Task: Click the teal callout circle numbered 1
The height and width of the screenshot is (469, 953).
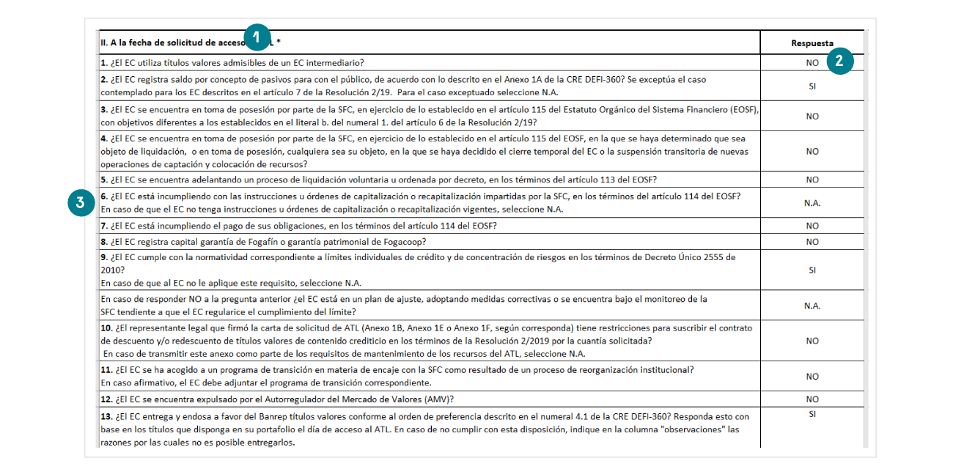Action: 257,36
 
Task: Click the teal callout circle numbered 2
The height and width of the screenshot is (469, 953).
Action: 839,62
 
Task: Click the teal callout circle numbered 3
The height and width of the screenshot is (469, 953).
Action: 80,204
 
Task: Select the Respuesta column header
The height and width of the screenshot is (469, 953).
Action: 812,43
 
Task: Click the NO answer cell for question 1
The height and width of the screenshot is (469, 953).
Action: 812,63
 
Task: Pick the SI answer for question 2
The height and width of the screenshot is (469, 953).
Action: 812,86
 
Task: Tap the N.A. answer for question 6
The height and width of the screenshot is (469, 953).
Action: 812,203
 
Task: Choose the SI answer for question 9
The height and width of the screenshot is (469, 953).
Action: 812,270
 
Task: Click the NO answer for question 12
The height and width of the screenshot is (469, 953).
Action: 812,400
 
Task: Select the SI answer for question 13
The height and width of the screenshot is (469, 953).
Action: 812,415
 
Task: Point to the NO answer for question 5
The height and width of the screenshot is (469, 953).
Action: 812,180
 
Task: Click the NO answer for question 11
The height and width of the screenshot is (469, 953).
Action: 812,377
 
